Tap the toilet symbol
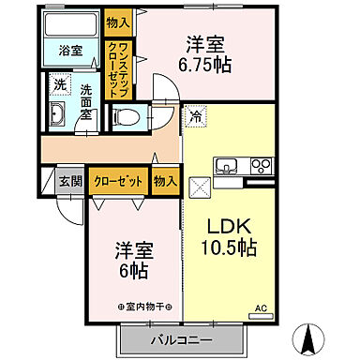pyautogui.click(x=126, y=118)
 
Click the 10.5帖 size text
pyautogui.click(x=229, y=250)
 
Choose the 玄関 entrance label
pyautogui.click(x=71, y=182)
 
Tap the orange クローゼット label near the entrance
pyautogui.click(x=117, y=182)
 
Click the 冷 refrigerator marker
pyautogui.click(x=196, y=117)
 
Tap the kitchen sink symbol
pyautogui.click(x=228, y=168)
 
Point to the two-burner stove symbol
pyautogui.click(x=259, y=168)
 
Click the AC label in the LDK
pyautogui.click(x=262, y=306)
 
